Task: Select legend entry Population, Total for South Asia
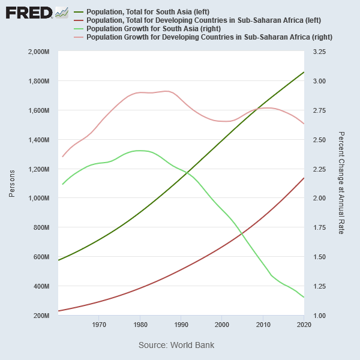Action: [148, 12]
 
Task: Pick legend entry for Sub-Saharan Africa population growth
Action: [209, 37]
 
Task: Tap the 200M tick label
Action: [41, 316]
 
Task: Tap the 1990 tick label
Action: [181, 325]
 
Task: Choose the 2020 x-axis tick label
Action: [303, 325]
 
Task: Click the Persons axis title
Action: [12, 184]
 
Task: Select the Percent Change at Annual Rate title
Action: [341, 183]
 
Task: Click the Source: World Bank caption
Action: [176, 345]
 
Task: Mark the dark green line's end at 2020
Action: [304, 72]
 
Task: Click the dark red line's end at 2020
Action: [304, 178]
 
